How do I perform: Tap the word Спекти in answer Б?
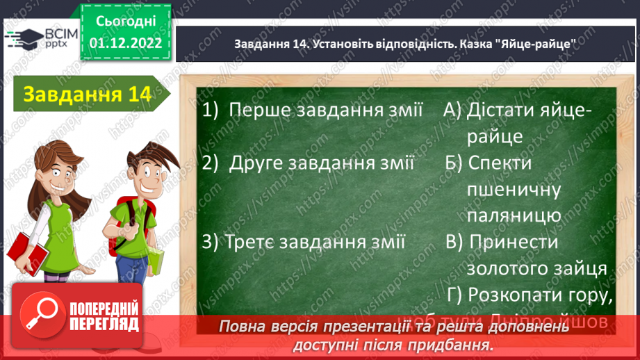(x=500, y=163)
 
